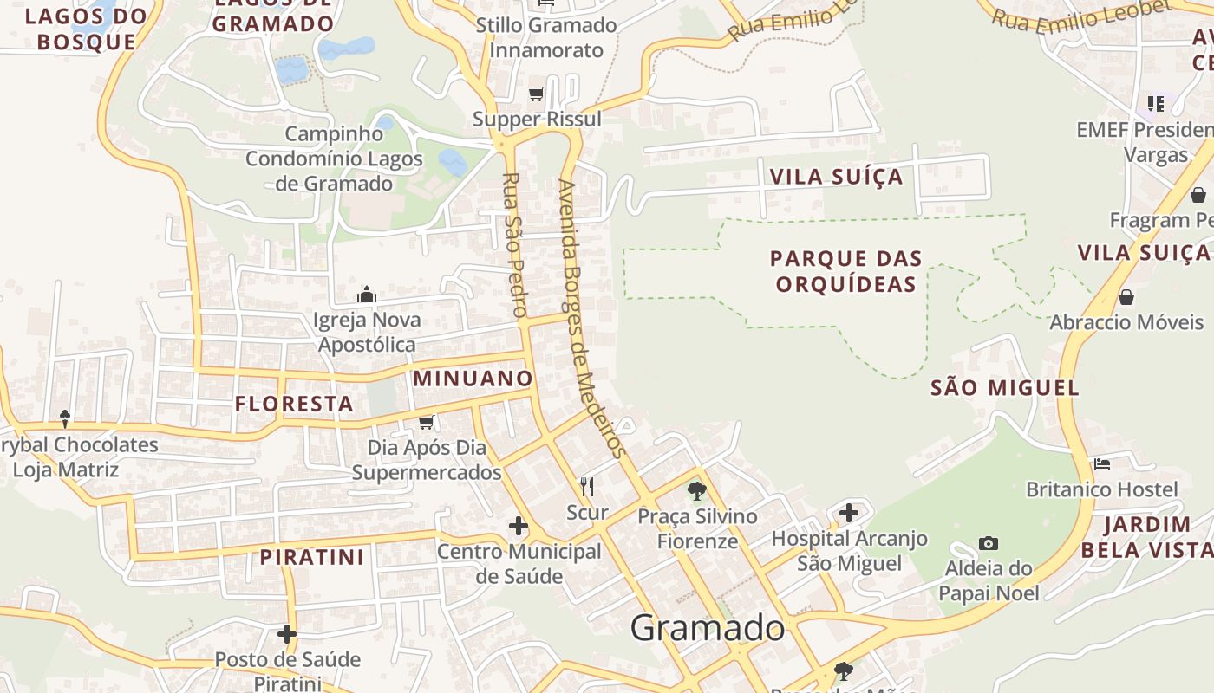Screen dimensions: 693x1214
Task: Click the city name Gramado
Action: point(708,628)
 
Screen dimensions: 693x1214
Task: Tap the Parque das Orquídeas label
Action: point(846,271)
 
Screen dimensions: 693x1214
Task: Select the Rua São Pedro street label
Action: point(514,245)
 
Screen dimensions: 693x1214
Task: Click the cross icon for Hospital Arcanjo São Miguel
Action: point(849,513)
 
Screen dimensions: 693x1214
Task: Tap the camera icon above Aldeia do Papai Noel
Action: point(988,544)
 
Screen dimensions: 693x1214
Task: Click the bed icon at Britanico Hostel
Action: point(1102,464)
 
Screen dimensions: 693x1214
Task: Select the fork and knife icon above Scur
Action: point(587,486)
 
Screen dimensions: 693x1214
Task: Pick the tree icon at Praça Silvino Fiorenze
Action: point(696,491)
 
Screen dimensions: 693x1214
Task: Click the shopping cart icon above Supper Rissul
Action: point(537,94)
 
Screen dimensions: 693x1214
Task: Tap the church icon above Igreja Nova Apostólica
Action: point(367,295)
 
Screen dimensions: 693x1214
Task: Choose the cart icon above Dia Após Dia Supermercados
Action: point(426,422)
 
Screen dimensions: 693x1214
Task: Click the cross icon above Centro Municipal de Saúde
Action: point(519,525)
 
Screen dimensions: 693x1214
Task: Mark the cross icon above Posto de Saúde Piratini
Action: point(287,634)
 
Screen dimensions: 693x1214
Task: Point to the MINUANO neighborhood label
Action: point(473,379)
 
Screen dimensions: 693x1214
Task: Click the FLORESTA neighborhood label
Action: point(294,404)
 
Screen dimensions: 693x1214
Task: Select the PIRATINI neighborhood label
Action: point(312,557)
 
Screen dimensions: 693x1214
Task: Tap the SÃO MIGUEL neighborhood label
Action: point(1005,387)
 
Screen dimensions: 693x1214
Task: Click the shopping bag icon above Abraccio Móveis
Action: point(1126,297)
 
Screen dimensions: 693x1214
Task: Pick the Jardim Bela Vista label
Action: point(1146,537)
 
